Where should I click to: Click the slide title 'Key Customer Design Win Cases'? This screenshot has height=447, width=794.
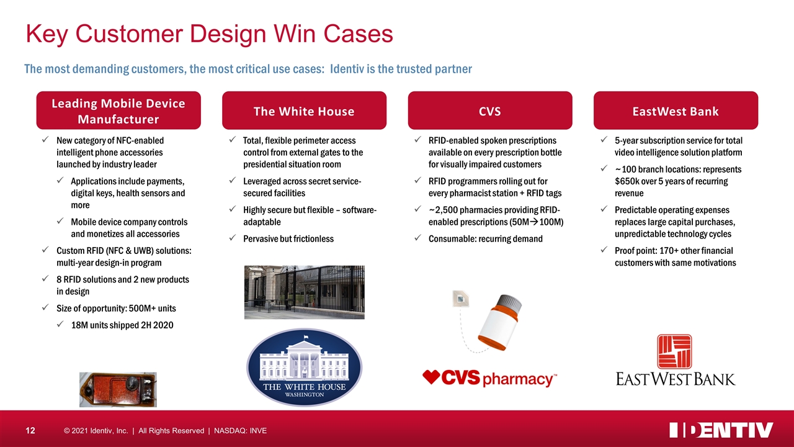coord(210,34)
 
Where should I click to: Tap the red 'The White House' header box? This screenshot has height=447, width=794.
coord(304,111)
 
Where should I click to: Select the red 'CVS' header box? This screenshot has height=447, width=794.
coord(490,111)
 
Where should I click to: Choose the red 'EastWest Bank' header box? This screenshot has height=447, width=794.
coord(676,111)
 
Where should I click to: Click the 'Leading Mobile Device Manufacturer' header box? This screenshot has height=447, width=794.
coord(118,111)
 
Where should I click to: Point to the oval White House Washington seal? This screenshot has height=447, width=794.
coord(304,367)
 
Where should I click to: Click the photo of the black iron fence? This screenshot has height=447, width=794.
coord(304,292)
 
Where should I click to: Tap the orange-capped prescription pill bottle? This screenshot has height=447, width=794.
coord(500,322)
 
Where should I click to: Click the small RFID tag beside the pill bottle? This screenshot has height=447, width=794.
coord(460,299)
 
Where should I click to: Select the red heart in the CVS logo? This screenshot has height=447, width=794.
coord(431,376)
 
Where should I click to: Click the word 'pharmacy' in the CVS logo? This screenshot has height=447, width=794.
coord(517,379)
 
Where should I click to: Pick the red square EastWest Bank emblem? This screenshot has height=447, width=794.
coord(674,351)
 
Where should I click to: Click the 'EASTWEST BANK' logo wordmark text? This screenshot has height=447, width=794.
coord(676,379)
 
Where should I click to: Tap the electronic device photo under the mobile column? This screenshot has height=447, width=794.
coord(118,389)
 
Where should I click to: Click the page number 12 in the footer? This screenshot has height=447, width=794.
coord(30,431)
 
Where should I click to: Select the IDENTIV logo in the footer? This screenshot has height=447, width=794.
coord(721,430)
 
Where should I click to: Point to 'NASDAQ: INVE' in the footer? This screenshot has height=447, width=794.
coord(240,431)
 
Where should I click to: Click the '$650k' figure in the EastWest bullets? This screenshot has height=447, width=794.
coord(627,181)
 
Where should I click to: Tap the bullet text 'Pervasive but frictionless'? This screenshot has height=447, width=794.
coord(288,239)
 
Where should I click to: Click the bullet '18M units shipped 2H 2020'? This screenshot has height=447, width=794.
coord(122,325)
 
